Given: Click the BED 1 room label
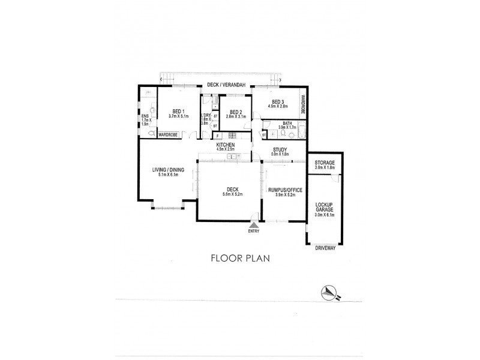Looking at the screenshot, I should (x=178, y=110).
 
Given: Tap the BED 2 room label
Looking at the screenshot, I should (x=235, y=112).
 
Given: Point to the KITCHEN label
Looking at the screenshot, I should (x=226, y=145).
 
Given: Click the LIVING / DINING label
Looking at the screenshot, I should (x=167, y=170).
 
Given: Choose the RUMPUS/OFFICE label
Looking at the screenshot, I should (x=284, y=189).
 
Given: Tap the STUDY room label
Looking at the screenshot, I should (x=279, y=149).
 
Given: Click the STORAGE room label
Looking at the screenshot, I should (x=325, y=163).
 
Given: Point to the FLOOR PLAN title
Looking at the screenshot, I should (x=239, y=259).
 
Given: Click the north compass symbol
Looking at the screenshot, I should (x=329, y=292).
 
